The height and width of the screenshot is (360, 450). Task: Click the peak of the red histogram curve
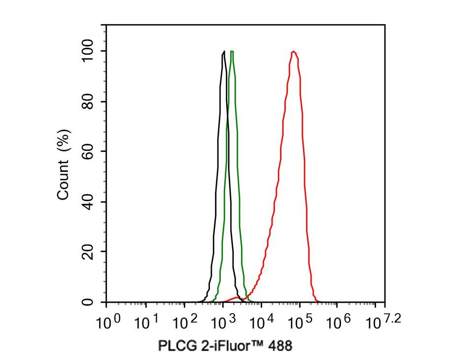[x=294, y=51]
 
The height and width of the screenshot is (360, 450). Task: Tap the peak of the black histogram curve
[x=224, y=51]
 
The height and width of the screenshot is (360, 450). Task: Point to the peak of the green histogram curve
[x=232, y=51]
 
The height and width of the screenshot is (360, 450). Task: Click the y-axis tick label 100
[x=88, y=51]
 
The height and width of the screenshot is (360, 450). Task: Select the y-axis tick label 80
[x=88, y=102]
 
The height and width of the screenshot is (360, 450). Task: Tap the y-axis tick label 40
[x=88, y=202]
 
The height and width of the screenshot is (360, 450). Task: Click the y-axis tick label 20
[x=88, y=252]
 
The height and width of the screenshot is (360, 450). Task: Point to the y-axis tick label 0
[x=88, y=302]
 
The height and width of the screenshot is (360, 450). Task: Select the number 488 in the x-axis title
[x=280, y=346]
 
